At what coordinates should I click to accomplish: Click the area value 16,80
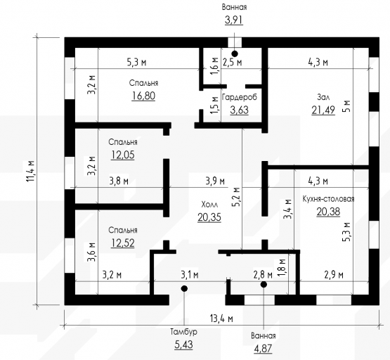coord(143,96)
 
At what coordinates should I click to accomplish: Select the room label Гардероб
coord(240,97)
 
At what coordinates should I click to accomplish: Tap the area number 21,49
coord(323,110)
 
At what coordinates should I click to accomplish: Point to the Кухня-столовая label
coord(328,199)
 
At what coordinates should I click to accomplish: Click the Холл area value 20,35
coord(209,217)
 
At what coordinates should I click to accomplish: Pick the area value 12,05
coord(122,155)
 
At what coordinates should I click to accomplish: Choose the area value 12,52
coord(122,243)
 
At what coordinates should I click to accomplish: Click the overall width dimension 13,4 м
coord(221,319)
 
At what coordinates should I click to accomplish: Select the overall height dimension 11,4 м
coord(30,171)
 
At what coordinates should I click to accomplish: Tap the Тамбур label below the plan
coord(184,332)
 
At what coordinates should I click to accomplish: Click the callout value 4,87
coord(263,348)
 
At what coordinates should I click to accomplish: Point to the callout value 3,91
coord(234,20)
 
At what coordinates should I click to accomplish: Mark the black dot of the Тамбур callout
coord(184,288)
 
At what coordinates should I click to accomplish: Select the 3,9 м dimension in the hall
coord(215,181)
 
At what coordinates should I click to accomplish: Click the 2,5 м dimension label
coord(232,62)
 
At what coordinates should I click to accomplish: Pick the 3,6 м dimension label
coord(91,252)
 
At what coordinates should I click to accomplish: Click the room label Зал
coord(323,97)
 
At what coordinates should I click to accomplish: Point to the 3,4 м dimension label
coord(288,209)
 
